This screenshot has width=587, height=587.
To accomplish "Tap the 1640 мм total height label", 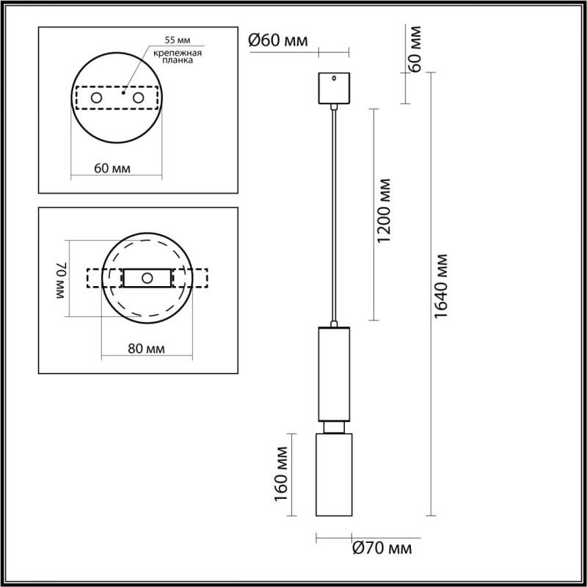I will [x=440, y=287].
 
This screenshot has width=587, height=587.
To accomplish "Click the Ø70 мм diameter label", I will [x=382, y=547].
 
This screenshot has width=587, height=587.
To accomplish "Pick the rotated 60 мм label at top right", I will [x=415, y=49].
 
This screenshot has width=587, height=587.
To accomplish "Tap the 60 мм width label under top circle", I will [x=113, y=168].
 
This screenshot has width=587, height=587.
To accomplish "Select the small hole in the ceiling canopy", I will [x=334, y=77].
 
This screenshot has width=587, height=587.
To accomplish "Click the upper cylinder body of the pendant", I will [x=334, y=373].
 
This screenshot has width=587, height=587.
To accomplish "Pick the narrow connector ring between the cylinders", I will [x=334, y=426].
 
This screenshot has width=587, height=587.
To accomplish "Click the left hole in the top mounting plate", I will [x=96, y=98].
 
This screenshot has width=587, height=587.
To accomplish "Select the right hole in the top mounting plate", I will [x=137, y=98].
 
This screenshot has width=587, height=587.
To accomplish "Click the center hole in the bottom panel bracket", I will [x=147, y=278].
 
